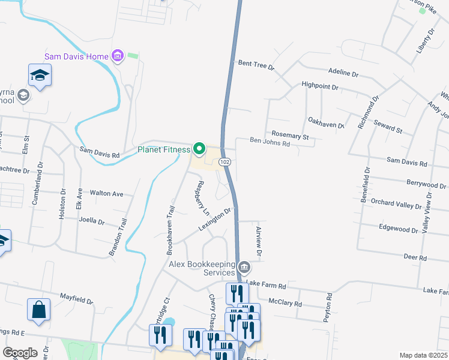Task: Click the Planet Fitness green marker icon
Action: click(199, 149)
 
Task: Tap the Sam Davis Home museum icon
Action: click(118, 57)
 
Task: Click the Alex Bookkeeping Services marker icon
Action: click(244, 267)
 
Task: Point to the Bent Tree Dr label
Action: click(256, 64)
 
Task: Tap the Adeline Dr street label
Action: click(343, 73)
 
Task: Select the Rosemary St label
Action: click(290, 136)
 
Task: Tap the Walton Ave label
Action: click(106, 194)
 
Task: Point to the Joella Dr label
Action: click(92, 221)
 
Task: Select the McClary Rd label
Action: click(285, 303)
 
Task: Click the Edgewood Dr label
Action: click(399, 229)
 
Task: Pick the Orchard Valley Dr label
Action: click(397, 206)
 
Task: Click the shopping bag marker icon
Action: click(38, 310)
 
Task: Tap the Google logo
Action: click(20, 353)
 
